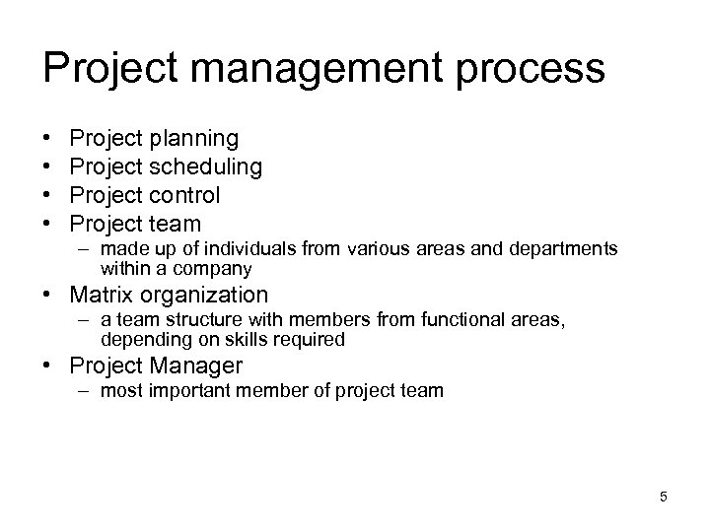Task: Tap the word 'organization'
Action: (205, 295)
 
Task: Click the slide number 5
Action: (663, 497)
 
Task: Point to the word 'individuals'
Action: (230, 250)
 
